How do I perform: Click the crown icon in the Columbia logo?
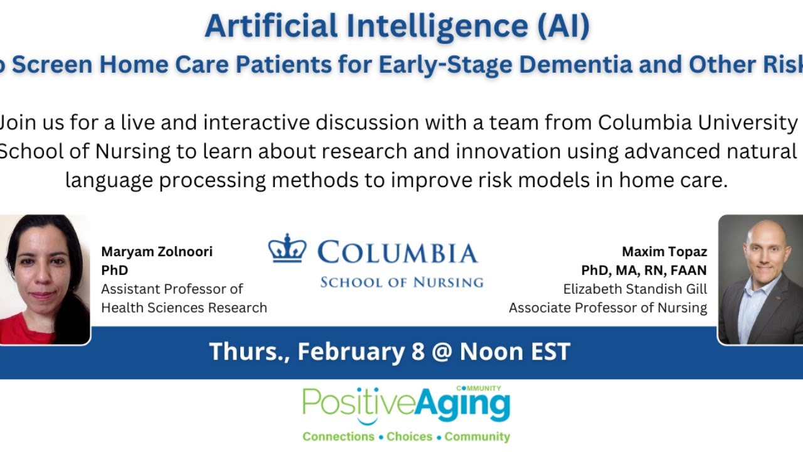287,249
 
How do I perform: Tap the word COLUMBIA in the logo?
397,253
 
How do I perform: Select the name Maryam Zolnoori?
157,252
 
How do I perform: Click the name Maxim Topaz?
664,252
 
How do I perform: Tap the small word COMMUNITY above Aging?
479,389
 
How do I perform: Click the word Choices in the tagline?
409,436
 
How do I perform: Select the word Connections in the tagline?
338,436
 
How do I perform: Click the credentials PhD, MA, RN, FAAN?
644,270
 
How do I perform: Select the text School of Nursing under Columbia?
401,282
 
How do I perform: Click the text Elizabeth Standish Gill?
635,289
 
